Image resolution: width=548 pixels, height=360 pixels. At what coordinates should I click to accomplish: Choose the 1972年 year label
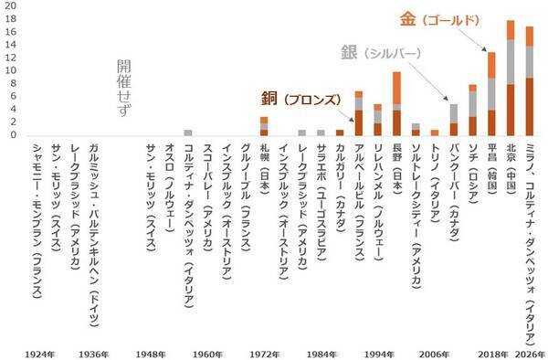(263, 353)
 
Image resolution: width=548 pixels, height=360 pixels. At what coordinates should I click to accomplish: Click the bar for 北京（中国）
(511, 79)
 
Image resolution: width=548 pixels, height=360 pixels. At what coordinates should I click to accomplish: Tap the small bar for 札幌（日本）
(264, 126)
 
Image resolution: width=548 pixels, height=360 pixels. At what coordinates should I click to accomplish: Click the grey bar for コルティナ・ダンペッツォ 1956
(188, 132)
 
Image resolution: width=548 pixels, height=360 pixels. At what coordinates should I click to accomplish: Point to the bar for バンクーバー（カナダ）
(453, 120)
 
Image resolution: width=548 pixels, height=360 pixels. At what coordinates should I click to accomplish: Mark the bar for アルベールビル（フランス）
(359, 113)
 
